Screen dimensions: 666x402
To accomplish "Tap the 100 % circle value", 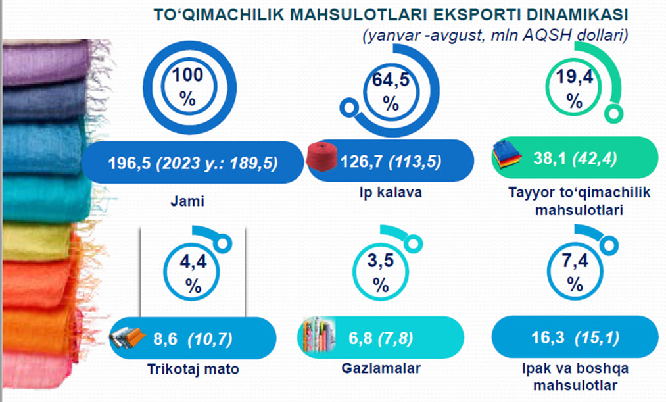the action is [187, 87].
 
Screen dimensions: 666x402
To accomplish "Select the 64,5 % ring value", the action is [391, 91].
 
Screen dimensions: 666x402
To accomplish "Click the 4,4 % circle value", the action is [193, 273].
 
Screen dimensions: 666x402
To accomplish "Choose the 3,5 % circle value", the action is [381, 272].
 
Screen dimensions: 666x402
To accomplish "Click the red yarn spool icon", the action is [322, 157].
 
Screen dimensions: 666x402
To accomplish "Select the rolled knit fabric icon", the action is [128, 338].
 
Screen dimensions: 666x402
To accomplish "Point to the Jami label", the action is [187, 201].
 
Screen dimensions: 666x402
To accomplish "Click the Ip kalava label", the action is [391, 193].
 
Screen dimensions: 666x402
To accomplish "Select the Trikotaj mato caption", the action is [193, 369].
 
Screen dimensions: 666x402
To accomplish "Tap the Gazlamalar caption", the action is [381, 368].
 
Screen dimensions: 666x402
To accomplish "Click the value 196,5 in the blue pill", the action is [129, 163].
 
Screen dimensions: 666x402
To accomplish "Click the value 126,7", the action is [362, 161].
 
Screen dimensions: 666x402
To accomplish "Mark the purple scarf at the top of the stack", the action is [47, 63].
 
